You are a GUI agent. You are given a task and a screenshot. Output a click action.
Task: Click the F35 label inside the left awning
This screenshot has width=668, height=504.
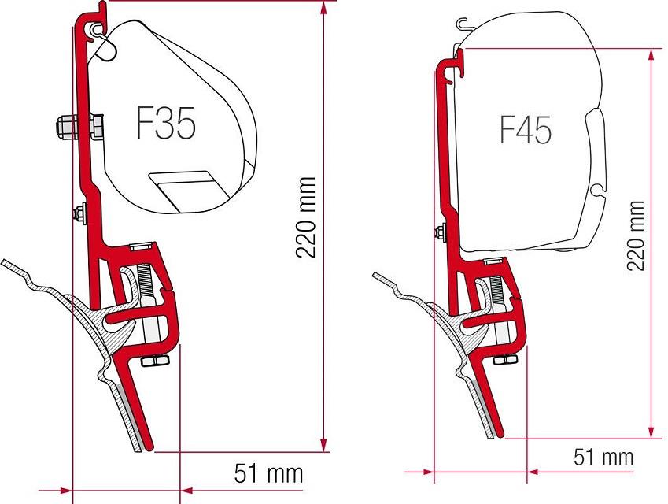[x=165, y=124]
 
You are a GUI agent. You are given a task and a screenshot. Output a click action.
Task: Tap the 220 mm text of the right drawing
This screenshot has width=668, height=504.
[x=636, y=235]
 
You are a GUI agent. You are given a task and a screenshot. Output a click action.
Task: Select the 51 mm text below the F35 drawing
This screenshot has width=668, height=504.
[x=268, y=473]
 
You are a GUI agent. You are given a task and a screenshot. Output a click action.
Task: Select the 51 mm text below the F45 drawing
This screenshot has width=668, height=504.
[x=603, y=458]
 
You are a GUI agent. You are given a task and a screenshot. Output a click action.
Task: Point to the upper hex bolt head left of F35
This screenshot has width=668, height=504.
[x=63, y=126]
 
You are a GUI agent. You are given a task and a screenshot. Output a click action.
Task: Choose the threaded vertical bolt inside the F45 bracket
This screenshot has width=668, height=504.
[x=499, y=299]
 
